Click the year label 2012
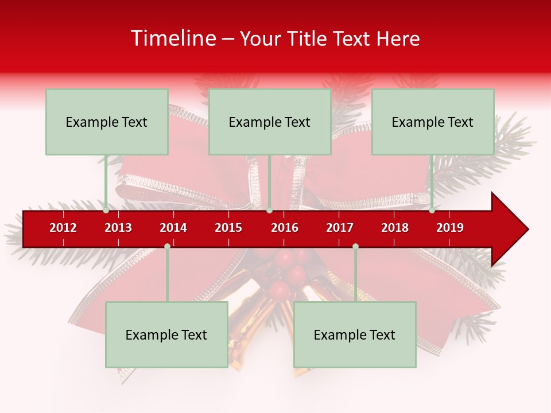pyautogui.click(x=63, y=228)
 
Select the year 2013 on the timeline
pyautogui.click(x=118, y=228)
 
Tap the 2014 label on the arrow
pyautogui.click(x=173, y=228)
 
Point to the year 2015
pyautogui.click(x=228, y=228)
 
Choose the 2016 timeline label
pyautogui.click(x=285, y=228)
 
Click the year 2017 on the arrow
pyautogui.click(x=340, y=228)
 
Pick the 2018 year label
pyautogui.click(x=395, y=228)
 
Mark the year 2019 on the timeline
pyautogui.click(x=450, y=228)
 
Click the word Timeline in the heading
pyautogui.click(x=173, y=38)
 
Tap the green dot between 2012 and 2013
pyautogui.click(x=106, y=211)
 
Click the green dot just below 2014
pyautogui.click(x=167, y=246)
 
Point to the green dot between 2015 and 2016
pyautogui.click(x=269, y=211)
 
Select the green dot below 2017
pyautogui.click(x=355, y=246)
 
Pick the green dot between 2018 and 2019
pyautogui.click(x=432, y=211)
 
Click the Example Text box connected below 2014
pyautogui.click(x=166, y=334)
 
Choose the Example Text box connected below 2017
pyautogui.click(x=355, y=334)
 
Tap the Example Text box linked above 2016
pyautogui.click(x=270, y=122)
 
